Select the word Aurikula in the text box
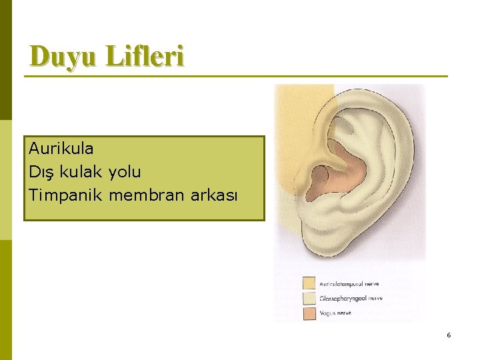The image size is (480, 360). (61, 148)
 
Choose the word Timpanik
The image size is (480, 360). (65, 196)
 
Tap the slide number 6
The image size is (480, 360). (449, 335)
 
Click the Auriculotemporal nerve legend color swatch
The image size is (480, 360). (309, 283)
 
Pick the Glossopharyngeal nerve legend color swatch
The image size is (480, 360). (309, 298)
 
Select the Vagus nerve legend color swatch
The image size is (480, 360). (309, 313)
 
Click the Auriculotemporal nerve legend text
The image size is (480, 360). (349, 284)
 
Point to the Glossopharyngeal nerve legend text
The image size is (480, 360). (351, 299)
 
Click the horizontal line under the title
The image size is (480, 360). (236, 76)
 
